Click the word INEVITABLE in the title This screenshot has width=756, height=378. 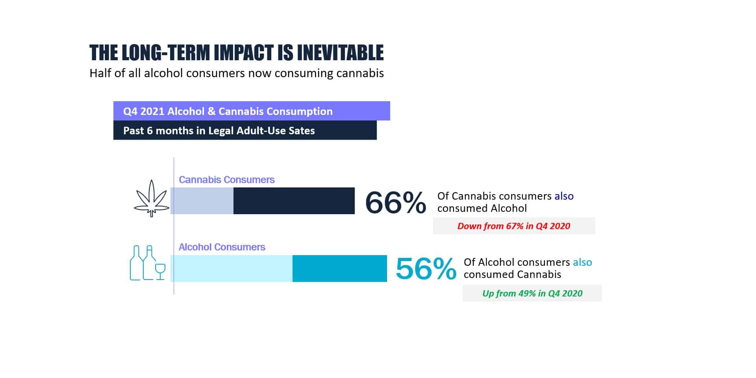(340, 53)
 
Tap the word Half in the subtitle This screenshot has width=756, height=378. (100, 73)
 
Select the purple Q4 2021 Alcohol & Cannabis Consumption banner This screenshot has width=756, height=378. (252, 111)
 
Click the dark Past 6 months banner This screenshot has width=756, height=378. (245, 130)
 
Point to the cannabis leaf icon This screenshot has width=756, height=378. (152, 198)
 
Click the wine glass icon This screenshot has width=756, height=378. (160, 272)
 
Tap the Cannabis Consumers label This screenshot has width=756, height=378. (226, 180)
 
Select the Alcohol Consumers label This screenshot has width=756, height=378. (222, 247)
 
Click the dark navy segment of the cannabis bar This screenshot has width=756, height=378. (294, 201)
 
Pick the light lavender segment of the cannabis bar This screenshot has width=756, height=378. (202, 201)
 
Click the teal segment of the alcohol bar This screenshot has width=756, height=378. (340, 269)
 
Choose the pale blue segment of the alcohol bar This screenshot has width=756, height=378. (232, 269)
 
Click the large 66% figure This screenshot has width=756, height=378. (396, 202)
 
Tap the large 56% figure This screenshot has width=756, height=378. (426, 269)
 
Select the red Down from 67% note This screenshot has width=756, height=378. (514, 226)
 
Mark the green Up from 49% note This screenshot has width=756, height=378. (532, 293)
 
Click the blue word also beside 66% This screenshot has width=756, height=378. (564, 196)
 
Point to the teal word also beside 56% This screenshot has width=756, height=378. (582, 262)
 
